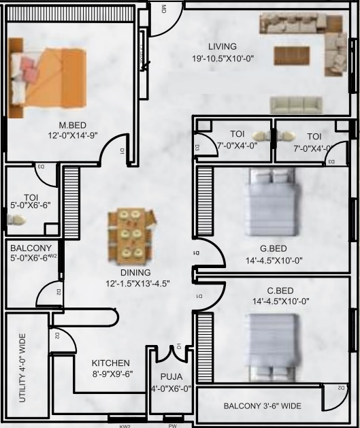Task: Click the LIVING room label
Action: (222, 46)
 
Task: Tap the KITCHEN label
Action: (111, 363)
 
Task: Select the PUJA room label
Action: (171, 376)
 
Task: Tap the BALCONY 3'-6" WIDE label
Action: (262, 406)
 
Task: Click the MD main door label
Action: (163, 9)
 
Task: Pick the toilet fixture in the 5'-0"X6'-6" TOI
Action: (16, 219)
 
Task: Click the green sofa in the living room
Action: (295, 104)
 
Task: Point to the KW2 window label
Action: (125, 425)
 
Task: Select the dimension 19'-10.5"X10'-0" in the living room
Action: (223, 59)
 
